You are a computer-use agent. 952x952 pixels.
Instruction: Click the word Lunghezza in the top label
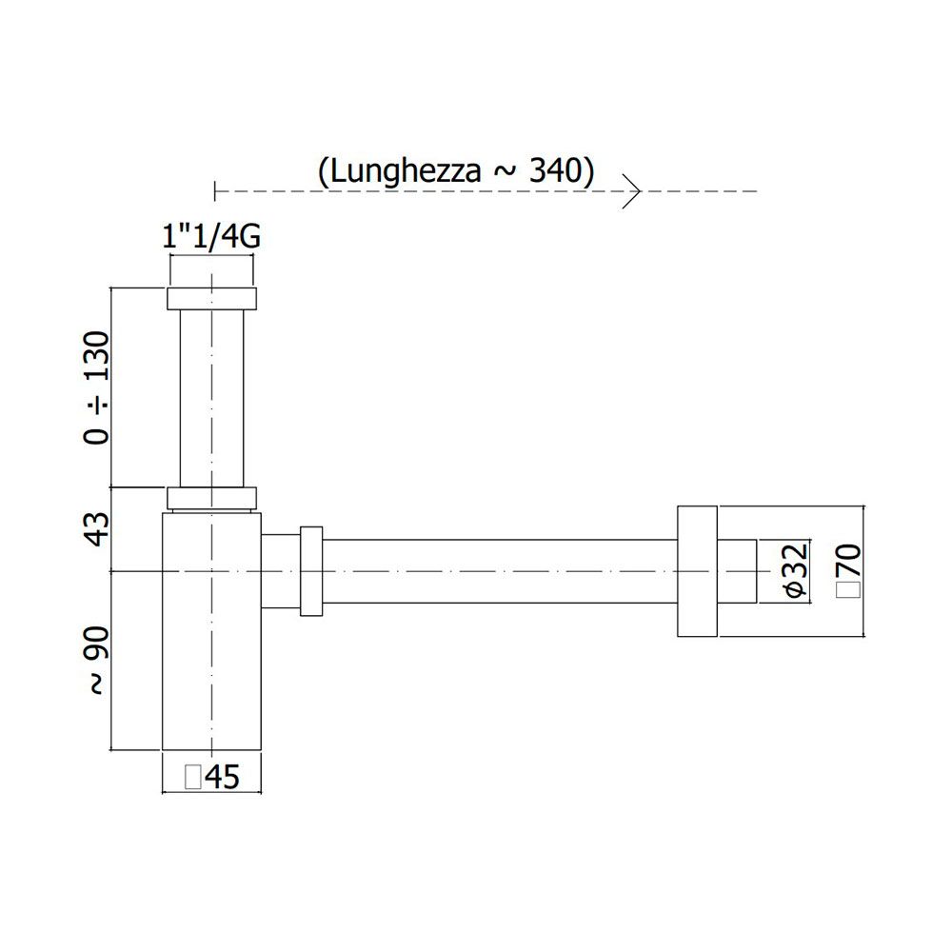click(405, 171)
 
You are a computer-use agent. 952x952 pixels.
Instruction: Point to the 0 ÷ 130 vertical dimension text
click(97, 387)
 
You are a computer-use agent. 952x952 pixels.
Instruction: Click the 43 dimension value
click(97, 528)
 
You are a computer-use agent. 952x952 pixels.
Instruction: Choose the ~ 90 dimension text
click(97, 661)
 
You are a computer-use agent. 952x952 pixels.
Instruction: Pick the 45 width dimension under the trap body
click(223, 777)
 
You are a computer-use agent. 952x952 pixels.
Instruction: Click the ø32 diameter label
click(796, 569)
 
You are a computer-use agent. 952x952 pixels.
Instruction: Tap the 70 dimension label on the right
click(849, 560)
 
